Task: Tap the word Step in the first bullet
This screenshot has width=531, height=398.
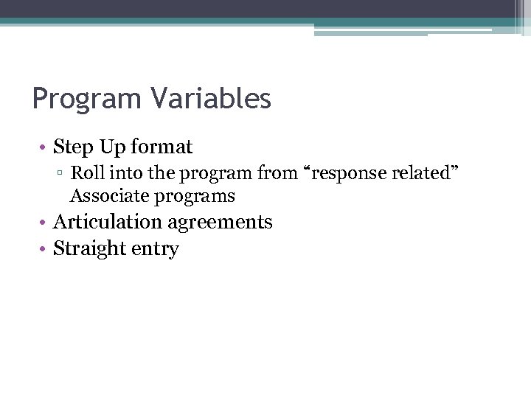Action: (x=72, y=147)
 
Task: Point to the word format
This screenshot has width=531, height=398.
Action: (x=162, y=147)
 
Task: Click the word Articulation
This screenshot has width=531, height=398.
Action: (x=107, y=222)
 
